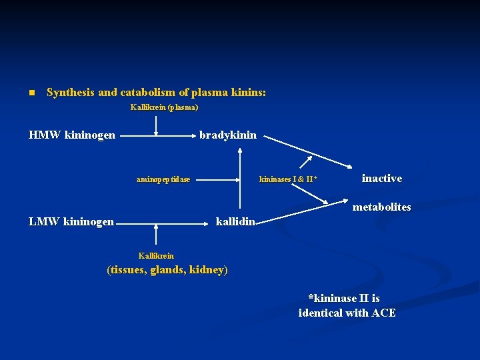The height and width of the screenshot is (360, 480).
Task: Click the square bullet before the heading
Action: tap(31, 93)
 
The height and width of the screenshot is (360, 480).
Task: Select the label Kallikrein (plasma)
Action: tap(164, 107)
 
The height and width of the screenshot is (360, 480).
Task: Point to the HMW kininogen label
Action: tap(72, 135)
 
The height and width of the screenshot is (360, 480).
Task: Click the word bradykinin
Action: tap(227, 135)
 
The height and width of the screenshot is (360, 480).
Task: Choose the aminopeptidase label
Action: tap(163, 179)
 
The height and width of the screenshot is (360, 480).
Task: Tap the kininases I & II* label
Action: tap(288, 179)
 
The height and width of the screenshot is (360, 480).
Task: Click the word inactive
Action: tap(381, 178)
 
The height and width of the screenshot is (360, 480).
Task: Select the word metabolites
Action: tap(381, 207)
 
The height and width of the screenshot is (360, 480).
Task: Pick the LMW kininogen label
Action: tap(71, 221)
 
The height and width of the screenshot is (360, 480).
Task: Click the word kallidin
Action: tap(235, 221)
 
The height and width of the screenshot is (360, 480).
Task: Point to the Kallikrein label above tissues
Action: tap(156, 255)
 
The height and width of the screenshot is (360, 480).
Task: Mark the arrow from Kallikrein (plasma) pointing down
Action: tap(156, 124)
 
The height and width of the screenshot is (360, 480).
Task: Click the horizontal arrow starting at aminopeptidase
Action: tap(216, 179)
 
